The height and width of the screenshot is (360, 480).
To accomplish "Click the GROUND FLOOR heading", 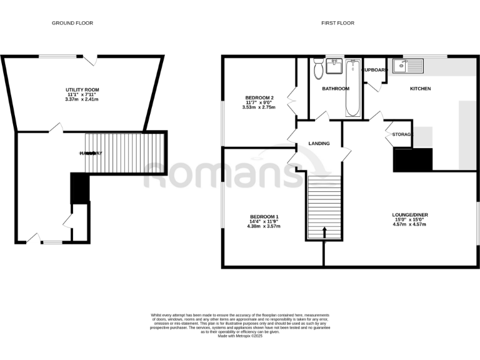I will (x=72, y=23).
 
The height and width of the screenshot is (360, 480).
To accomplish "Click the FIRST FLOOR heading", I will (x=337, y=23).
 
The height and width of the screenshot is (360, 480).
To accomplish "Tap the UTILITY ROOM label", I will (x=82, y=90).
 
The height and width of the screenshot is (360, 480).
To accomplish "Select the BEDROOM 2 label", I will (x=259, y=98).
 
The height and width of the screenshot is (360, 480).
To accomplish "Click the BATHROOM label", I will (x=336, y=89).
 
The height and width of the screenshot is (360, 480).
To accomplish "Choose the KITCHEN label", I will (x=420, y=89).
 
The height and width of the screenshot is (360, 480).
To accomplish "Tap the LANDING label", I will (x=319, y=144).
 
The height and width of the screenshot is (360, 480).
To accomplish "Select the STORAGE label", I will (x=401, y=135).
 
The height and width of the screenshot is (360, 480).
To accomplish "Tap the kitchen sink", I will (x=407, y=65).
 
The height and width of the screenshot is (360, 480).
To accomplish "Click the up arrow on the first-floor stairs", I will (x=324, y=232).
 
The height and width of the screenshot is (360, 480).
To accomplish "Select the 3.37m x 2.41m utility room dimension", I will (x=82, y=99).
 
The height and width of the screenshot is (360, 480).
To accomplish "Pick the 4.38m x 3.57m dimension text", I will (x=262, y=226).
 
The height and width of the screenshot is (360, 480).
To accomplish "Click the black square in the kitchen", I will (x=412, y=159).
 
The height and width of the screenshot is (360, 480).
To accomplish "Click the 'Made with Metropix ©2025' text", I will (x=240, y=336).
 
